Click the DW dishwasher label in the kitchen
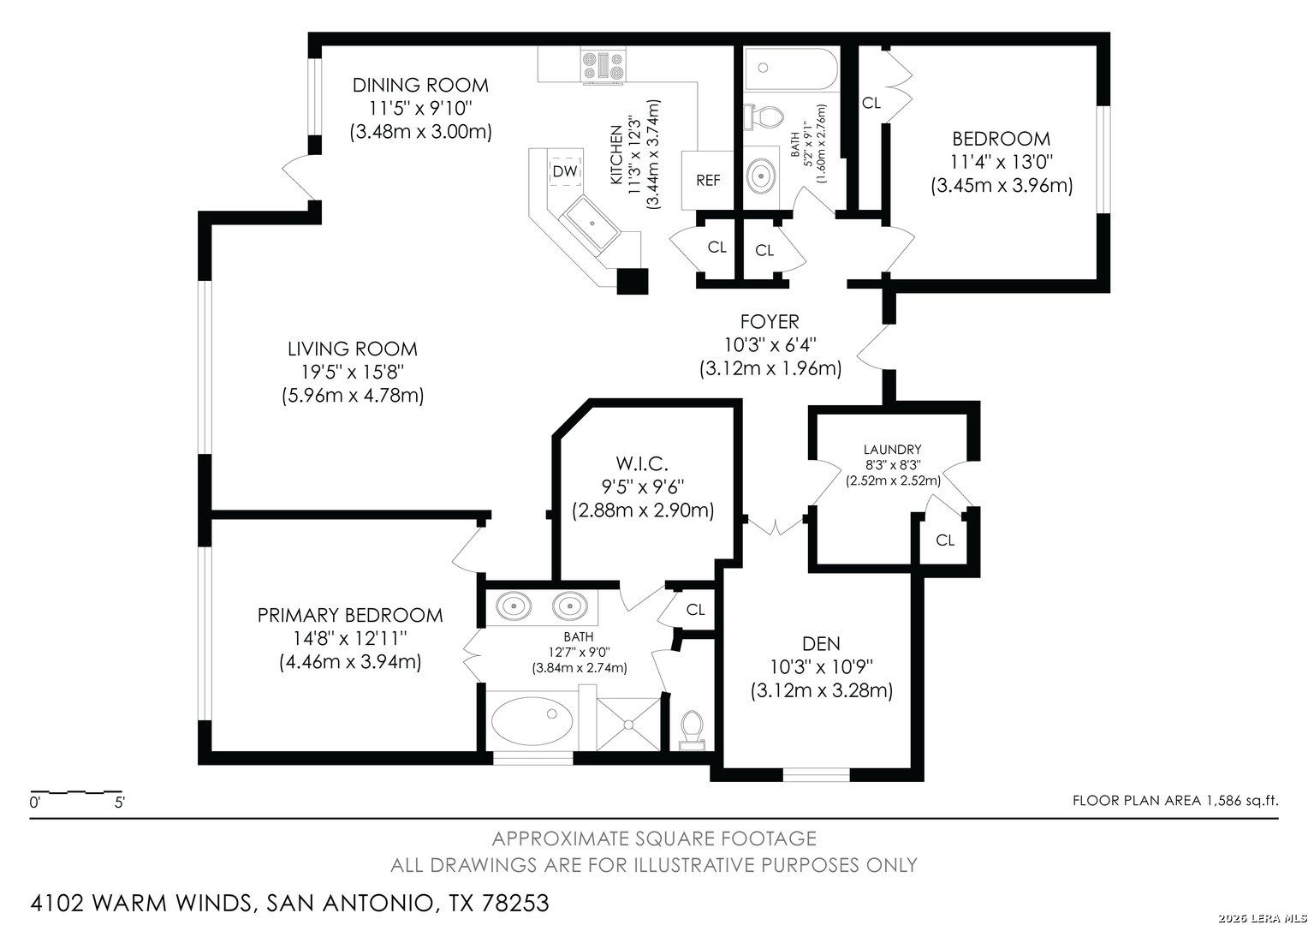point(565,171)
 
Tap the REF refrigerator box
point(708,181)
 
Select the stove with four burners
point(603,65)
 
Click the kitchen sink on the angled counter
point(590,224)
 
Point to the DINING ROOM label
point(420,86)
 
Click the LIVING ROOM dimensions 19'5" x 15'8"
point(353,372)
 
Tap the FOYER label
point(770,321)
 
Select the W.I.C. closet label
point(642,463)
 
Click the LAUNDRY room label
point(892,450)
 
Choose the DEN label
point(821,644)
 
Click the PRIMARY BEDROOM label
point(350,615)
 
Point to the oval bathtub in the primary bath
point(532,721)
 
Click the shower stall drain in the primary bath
point(628,725)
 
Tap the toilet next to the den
point(693,731)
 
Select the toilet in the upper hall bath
point(764,117)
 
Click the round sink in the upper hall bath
point(761,176)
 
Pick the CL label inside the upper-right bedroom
point(871,103)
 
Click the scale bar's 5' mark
point(120,803)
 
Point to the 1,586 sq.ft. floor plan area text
point(1240,801)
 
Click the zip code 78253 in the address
point(515,903)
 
